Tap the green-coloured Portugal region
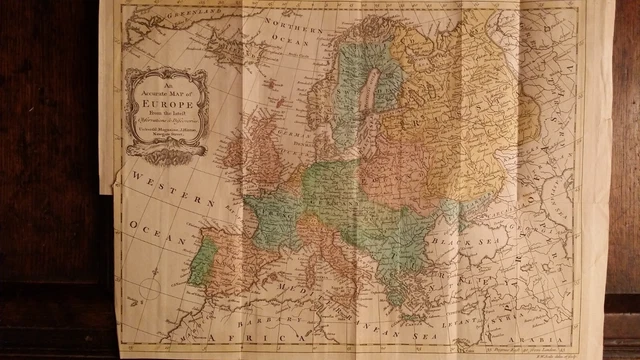pyautogui.click(x=201, y=262)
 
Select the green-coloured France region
pyautogui.click(x=272, y=214)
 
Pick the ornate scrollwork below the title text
pyautogui.click(x=166, y=151)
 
